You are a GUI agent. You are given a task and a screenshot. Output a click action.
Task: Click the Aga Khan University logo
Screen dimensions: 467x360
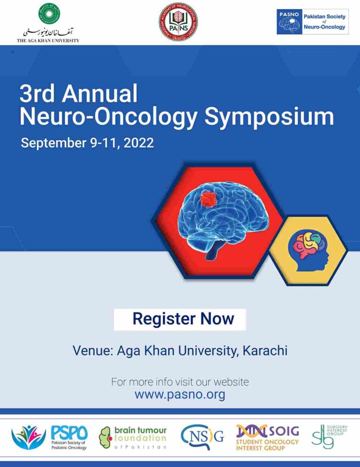(x=48, y=23)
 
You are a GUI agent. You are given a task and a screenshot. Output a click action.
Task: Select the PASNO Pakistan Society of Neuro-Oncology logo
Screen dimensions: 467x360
(x=312, y=22)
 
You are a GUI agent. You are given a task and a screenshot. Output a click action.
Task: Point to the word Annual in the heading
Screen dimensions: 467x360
(x=100, y=94)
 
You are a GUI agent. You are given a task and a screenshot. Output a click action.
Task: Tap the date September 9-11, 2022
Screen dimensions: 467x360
(x=87, y=143)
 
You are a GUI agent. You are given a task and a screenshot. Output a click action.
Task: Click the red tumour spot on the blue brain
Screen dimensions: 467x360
(x=207, y=199)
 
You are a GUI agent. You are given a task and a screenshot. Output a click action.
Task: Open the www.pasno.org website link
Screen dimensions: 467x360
(x=180, y=394)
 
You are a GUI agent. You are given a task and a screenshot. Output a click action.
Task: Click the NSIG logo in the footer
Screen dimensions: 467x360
(x=202, y=438)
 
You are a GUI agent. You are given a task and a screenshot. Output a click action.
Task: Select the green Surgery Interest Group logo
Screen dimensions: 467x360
(x=330, y=437)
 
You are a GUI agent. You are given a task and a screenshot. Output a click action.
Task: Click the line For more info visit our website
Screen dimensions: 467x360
(x=180, y=382)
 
